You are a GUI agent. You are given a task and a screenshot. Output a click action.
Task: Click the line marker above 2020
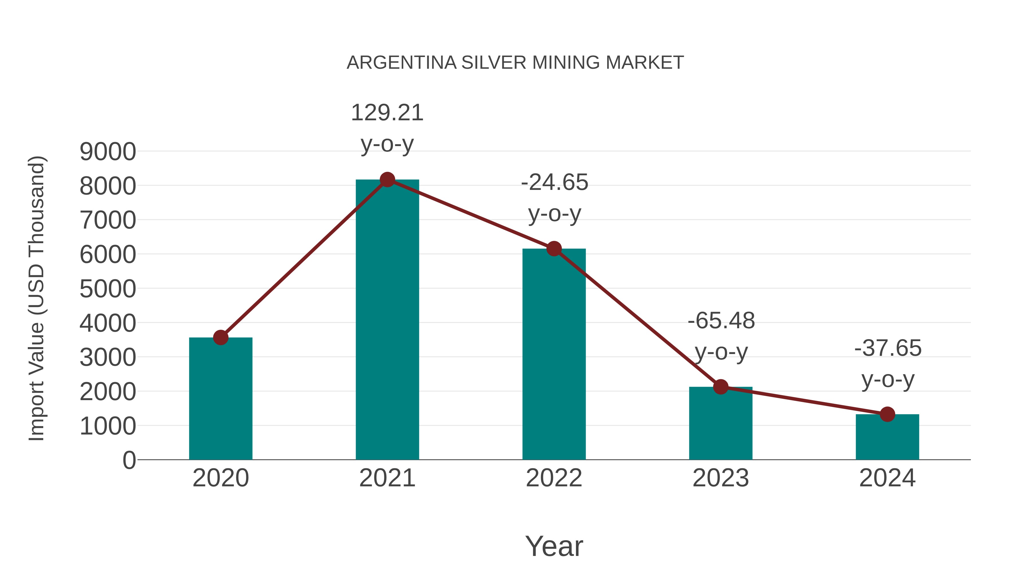click(x=221, y=337)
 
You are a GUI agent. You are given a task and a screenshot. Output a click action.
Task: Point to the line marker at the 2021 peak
click(x=387, y=180)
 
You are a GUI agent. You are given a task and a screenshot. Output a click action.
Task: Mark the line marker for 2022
click(x=554, y=249)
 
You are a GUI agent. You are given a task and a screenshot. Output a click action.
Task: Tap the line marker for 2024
click(x=887, y=414)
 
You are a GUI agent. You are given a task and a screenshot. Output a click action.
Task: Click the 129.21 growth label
click(x=387, y=113)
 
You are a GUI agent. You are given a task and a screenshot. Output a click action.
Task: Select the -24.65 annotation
click(x=554, y=182)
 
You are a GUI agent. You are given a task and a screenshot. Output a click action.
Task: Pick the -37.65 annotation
click(x=888, y=348)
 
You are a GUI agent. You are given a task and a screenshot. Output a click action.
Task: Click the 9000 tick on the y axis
click(x=108, y=152)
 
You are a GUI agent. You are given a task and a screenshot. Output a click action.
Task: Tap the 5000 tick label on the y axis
click(x=108, y=289)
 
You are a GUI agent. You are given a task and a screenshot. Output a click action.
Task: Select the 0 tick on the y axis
click(x=129, y=460)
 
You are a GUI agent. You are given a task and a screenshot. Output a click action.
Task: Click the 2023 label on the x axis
click(x=721, y=478)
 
